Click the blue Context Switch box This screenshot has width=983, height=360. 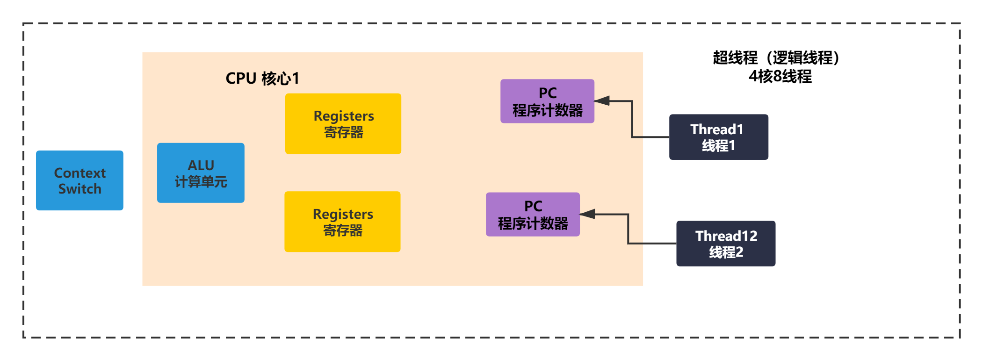[80, 180]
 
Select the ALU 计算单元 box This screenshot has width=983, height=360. [201, 173]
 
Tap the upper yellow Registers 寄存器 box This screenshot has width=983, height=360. [343, 124]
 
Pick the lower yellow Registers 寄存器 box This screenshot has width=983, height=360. [342, 222]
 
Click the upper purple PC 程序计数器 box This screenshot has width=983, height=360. [547, 101]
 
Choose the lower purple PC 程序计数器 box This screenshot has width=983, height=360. [533, 214]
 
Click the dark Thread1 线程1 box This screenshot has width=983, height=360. [719, 137]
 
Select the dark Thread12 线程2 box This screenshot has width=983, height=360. [726, 244]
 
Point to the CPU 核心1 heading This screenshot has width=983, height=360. [262, 79]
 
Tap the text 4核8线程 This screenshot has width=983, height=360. [780, 76]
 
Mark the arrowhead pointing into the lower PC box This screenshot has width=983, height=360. [587, 214]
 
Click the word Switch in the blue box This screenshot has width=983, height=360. [80, 189]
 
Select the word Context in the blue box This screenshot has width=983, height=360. [80, 173]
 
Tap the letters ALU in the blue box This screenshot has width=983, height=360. [201, 166]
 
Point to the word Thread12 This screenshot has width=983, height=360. [726, 236]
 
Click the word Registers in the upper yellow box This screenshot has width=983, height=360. [344, 116]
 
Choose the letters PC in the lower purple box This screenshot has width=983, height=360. [533, 206]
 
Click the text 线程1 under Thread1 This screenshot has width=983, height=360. [718, 146]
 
